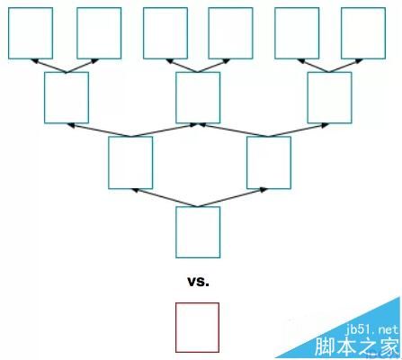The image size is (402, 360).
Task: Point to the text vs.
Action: [x=198, y=282]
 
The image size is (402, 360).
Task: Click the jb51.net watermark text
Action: [x=372, y=330]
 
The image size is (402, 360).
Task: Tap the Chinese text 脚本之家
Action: [x=357, y=346]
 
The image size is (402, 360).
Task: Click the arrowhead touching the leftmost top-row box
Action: [x=34, y=61]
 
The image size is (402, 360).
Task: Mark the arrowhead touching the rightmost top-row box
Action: [x=360, y=61]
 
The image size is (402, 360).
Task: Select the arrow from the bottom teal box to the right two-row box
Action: [x=232, y=198]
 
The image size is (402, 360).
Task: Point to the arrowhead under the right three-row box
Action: [x=326, y=125]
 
